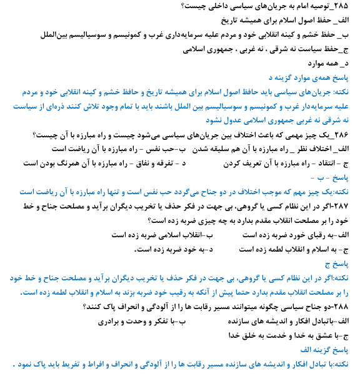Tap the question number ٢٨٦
coord(349,135)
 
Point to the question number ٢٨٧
coord(347,206)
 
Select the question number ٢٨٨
coord(349,307)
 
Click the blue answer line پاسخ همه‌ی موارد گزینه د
coord(313,78)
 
